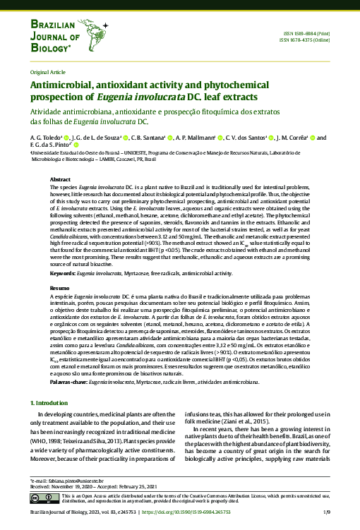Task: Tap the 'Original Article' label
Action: [47, 73]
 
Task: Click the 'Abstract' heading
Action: [60, 180]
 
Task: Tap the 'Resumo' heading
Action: [59, 289]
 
